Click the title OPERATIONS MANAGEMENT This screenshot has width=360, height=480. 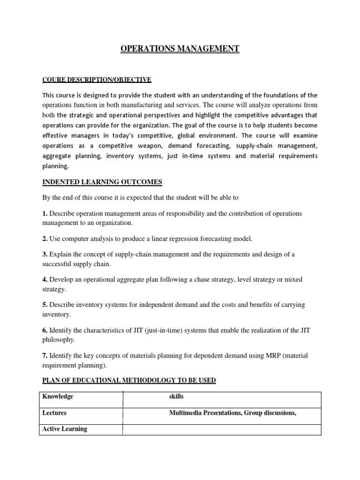click(180, 49)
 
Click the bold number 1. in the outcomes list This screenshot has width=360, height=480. click(45, 213)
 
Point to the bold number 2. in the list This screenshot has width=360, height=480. click(45, 239)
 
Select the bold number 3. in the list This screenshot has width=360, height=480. click(45, 254)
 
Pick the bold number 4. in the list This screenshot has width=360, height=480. click(45, 279)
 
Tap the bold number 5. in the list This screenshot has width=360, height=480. click(45, 305)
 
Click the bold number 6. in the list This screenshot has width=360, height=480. click(45, 330)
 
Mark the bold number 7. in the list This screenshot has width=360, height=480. click(45, 355)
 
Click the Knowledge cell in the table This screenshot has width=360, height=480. click(58, 397)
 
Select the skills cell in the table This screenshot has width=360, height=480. click(176, 397)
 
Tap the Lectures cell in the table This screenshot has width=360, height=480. click(54, 413)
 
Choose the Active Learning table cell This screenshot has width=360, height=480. click(65, 429)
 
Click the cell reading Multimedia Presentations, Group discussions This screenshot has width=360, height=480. click(232, 413)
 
